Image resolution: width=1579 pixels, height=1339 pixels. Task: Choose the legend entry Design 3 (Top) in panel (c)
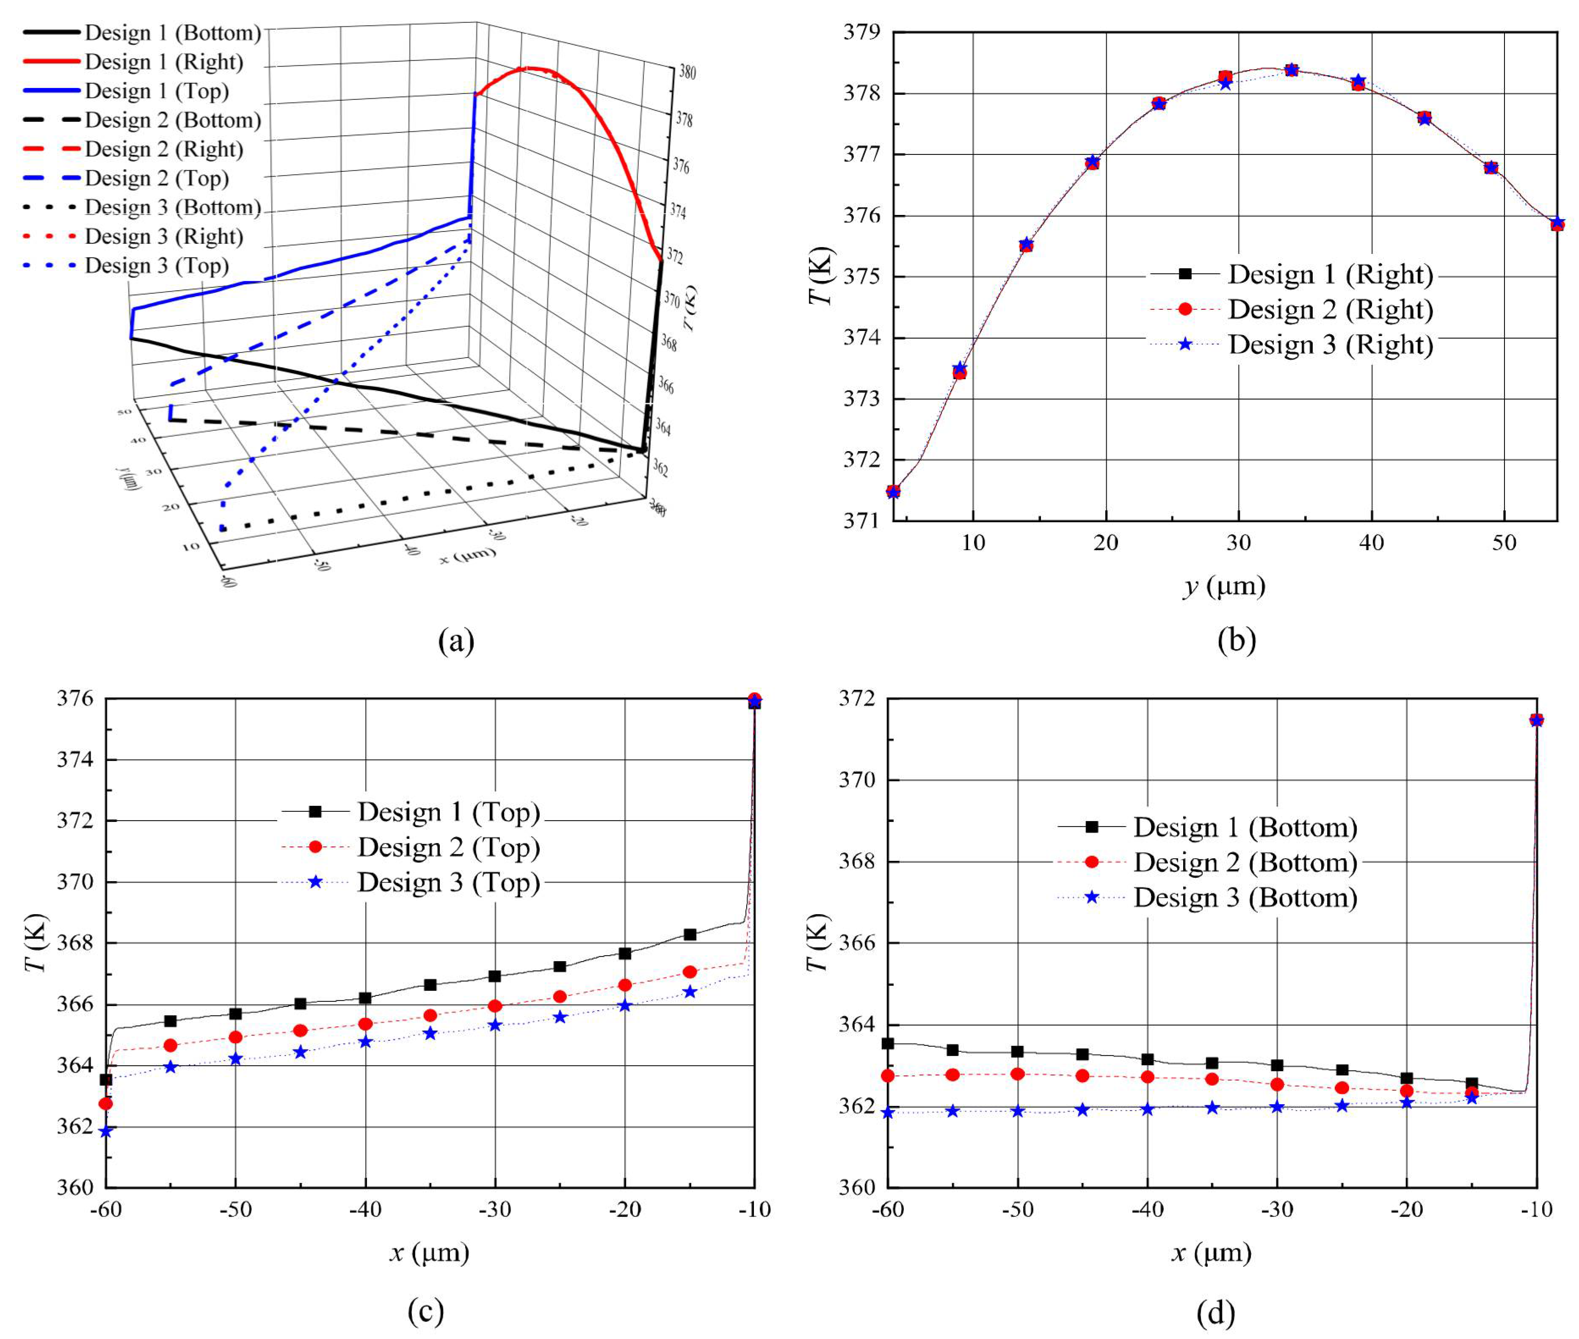pos(448,882)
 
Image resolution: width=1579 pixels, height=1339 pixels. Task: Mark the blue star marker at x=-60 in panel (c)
pos(106,1131)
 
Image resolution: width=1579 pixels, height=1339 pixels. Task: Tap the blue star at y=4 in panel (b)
pos(894,492)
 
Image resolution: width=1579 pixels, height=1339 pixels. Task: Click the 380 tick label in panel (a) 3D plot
pos(688,73)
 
